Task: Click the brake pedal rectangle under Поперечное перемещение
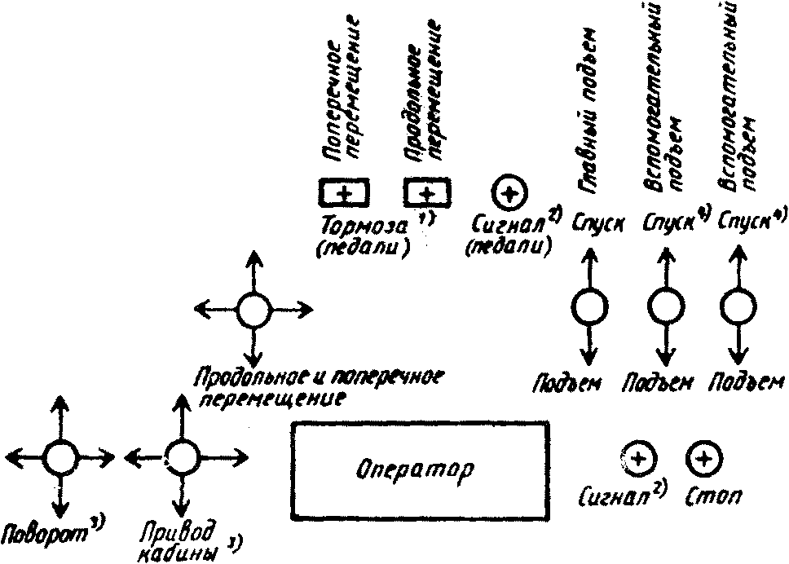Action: click(x=343, y=193)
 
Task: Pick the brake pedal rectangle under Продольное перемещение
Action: click(x=429, y=193)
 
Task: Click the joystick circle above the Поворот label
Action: click(x=59, y=459)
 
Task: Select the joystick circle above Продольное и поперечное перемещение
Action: click(x=253, y=309)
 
